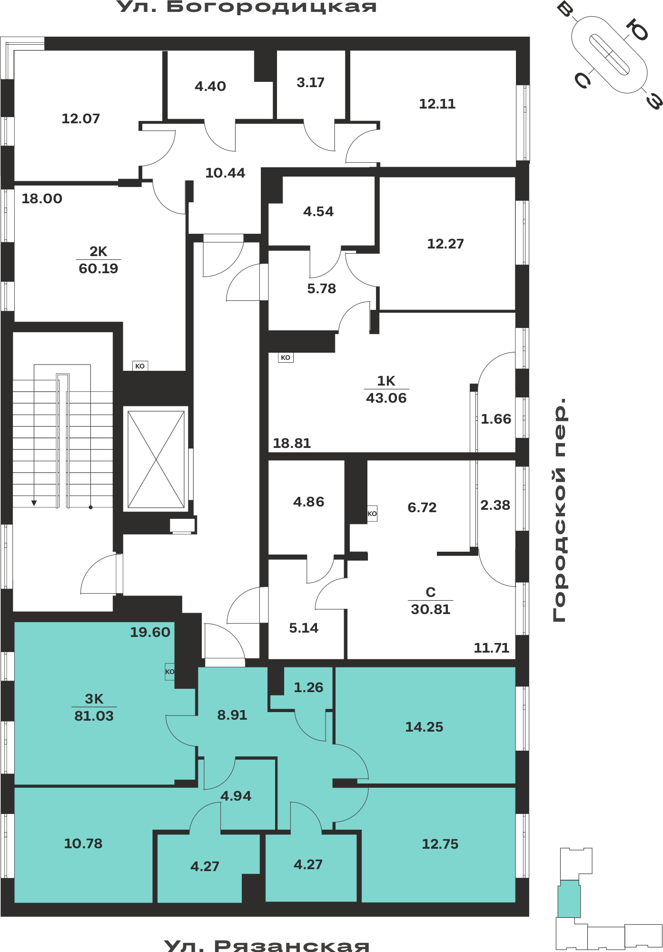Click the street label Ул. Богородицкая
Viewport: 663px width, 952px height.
247,7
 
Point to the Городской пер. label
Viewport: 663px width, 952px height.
560,510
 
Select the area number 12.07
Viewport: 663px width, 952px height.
81,119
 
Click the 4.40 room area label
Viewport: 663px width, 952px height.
210,86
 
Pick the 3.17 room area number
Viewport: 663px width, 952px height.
311,82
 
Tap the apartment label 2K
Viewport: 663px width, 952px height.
99,251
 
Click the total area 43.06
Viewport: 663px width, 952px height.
386,398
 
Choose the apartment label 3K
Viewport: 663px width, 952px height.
94,699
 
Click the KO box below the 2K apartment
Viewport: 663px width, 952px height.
140,366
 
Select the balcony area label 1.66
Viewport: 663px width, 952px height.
496,419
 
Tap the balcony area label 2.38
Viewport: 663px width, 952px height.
495,505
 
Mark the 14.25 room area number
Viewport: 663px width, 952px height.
424,727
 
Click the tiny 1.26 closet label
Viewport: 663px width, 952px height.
308,687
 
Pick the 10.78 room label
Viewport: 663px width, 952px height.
83,843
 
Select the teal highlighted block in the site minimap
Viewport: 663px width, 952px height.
569,899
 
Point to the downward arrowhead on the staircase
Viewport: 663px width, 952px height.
34,503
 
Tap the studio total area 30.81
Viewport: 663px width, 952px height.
431,609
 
